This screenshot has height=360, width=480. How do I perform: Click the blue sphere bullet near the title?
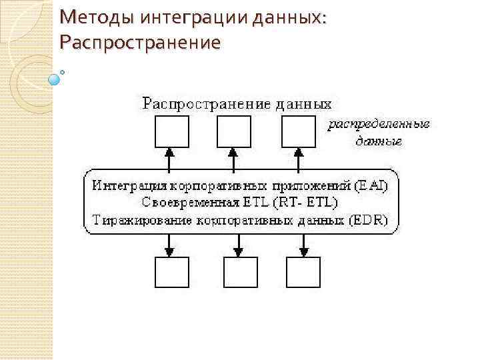pyautogui.click(x=55, y=79)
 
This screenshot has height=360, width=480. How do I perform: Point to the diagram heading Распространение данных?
pyautogui.click(x=237, y=103)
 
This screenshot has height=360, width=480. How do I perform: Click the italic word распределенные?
pyautogui.click(x=378, y=124)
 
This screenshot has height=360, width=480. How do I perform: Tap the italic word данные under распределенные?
pyautogui.click(x=378, y=141)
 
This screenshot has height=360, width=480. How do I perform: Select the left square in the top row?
pyautogui.click(x=171, y=131)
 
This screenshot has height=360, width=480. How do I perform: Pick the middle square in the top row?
pyautogui.click(x=234, y=131)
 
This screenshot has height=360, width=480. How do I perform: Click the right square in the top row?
pyautogui.click(x=298, y=131)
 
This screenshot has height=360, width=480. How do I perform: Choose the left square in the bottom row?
pyautogui.click(x=171, y=272)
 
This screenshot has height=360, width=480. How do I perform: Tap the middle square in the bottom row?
pyautogui.click(x=239, y=272)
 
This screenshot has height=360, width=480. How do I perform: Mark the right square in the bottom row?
pyautogui.click(x=303, y=272)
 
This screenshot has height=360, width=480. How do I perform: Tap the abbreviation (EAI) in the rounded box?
pyautogui.click(x=369, y=184)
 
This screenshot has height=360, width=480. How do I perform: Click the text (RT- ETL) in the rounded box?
pyautogui.click(x=307, y=201)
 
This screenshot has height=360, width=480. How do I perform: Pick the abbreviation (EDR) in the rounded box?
pyautogui.click(x=374, y=219)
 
